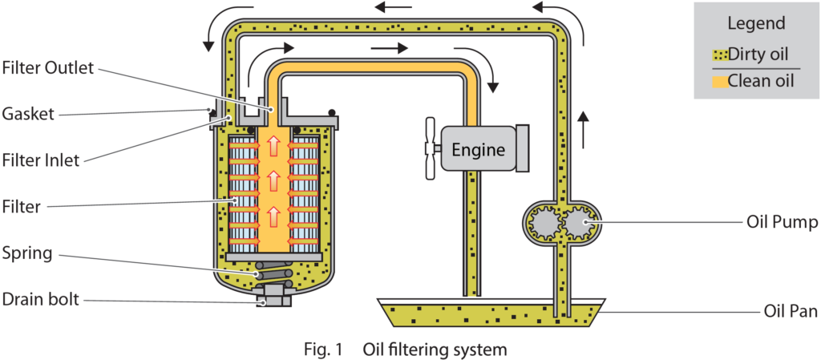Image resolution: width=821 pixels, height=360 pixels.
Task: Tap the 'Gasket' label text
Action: click(x=27, y=114)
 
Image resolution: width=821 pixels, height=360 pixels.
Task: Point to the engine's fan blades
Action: click(x=431, y=148)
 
